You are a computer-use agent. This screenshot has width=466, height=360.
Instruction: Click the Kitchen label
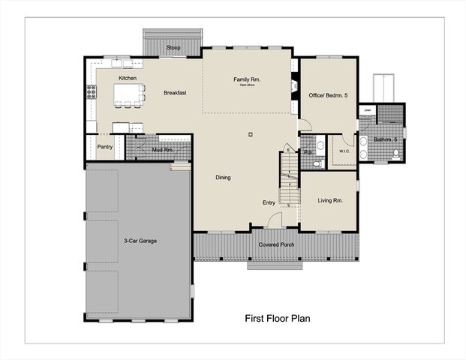click(127, 78)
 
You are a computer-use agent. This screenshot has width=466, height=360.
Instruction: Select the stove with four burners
click(92, 92)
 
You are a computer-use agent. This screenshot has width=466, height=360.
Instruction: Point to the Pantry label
click(104, 147)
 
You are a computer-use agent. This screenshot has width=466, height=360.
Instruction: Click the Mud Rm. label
click(163, 150)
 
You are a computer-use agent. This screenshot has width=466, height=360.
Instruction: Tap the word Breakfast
click(175, 93)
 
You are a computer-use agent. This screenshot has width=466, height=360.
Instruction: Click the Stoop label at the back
click(173, 48)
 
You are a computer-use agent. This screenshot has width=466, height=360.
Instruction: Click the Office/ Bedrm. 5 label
click(329, 95)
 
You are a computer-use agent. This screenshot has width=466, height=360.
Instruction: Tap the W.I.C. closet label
click(345, 151)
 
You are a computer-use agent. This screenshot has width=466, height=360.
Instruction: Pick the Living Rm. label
click(330, 200)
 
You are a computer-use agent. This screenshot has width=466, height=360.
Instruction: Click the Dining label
click(223, 178)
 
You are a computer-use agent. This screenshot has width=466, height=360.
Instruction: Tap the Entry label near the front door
click(268, 202)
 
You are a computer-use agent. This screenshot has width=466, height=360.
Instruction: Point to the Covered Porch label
click(276, 245)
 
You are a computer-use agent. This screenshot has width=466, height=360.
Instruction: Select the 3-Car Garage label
click(140, 241)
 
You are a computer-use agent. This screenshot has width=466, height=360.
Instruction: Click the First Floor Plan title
click(278, 318)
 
